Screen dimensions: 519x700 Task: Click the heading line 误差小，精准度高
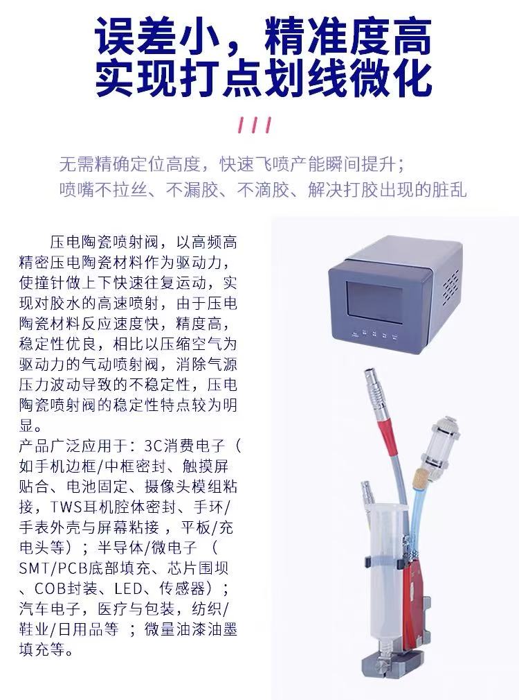(263, 36)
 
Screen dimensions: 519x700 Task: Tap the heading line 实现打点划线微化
(263, 78)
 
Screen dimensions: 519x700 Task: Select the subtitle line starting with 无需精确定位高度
(232, 164)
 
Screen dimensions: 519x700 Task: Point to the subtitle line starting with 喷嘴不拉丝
(263, 190)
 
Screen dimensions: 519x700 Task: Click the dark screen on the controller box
(374, 303)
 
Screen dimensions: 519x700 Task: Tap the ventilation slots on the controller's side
(450, 287)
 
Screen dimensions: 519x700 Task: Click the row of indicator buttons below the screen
(374, 334)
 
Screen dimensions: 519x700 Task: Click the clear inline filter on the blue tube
(439, 442)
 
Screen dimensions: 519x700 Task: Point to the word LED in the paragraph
(129, 589)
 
